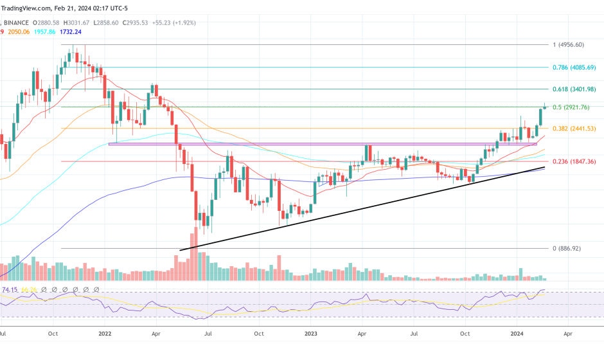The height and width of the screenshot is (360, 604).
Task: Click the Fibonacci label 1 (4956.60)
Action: [x=568, y=45]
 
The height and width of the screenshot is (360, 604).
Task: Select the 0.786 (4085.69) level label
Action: [x=574, y=67]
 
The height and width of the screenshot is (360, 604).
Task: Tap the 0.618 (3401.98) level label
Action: [x=574, y=89]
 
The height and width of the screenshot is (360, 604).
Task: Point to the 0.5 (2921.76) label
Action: [x=571, y=107]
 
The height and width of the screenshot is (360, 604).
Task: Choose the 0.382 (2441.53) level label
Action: [x=574, y=129]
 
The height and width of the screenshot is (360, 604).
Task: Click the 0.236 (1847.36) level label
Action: [x=574, y=161]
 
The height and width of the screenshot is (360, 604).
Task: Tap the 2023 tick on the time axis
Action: [x=311, y=334]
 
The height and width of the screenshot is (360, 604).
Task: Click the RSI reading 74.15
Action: [x=10, y=290]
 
